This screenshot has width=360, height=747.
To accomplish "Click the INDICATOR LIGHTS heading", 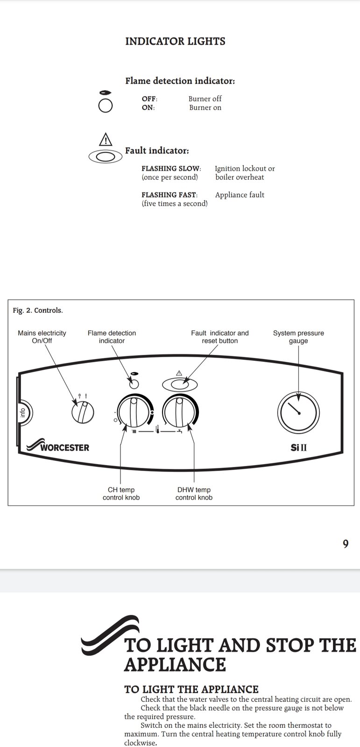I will [175, 42].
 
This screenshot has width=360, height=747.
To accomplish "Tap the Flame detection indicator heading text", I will [180, 81].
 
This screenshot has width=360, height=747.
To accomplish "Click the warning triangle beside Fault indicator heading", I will [106, 139].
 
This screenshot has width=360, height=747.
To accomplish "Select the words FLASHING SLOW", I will [171, 169].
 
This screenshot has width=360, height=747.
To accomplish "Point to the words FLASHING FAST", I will [169, 195].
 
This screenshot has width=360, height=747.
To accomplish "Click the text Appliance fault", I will [240, 195].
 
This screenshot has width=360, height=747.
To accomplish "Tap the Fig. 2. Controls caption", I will [37, 310].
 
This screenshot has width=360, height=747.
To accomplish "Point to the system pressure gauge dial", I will [298, 413].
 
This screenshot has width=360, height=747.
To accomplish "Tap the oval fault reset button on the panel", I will [180, 384].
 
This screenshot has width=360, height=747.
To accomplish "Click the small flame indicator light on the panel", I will [134, 384].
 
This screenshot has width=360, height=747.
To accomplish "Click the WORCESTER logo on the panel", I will [59, 446].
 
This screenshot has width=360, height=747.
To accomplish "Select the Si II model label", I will [299, 447].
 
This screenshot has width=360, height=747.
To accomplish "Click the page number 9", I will [346, 544].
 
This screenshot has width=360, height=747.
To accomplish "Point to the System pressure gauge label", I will [298, 337].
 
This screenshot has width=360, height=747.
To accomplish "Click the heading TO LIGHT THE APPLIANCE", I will [191, 689].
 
